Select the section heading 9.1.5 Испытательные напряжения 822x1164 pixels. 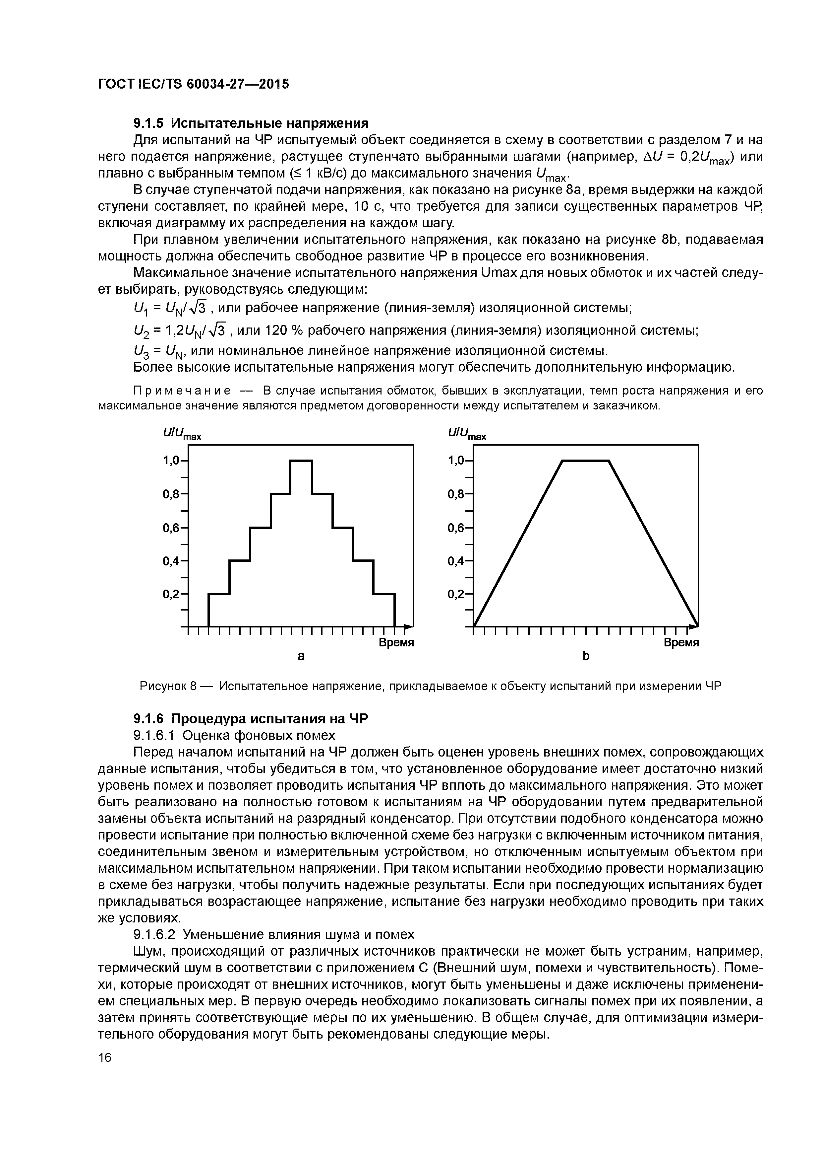(251, 123)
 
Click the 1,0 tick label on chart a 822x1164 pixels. (171, 460)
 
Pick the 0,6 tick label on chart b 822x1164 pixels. (456, 528)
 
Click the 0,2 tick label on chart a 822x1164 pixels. (171, 594)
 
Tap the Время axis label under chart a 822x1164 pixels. (396, 643)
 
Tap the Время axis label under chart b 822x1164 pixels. (681, 643)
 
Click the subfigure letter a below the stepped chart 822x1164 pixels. (301, 657)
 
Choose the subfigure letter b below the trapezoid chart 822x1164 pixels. (586, 657)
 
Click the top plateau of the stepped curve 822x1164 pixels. (301, 460)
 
